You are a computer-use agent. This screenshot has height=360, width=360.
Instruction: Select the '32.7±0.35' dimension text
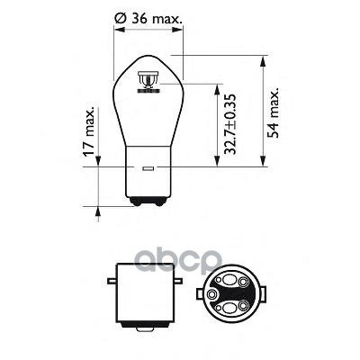[229, 125]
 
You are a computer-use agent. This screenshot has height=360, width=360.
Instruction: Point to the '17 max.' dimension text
[87, 148]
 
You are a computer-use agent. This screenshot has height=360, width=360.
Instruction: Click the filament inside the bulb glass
[146, 86]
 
